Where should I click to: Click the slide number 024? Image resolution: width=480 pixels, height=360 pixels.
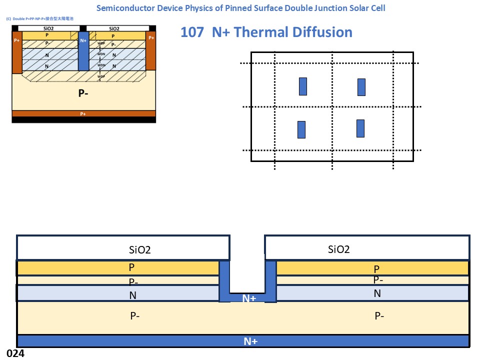point(15,353)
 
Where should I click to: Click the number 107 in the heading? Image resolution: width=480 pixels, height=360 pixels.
point(192,32)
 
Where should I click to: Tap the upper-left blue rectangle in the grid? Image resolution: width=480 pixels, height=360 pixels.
point(302,86)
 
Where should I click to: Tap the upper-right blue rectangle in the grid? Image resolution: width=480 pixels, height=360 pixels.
point(361,87)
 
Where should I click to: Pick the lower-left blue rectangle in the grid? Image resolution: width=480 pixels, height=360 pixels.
point(301,129)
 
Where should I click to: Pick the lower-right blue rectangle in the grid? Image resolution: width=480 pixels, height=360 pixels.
point(360,128)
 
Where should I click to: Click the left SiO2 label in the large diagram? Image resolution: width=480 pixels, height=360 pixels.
point(140,250)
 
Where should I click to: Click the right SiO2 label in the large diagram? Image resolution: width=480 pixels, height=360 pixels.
point(338,249)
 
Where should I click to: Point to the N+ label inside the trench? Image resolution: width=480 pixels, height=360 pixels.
point(249,298)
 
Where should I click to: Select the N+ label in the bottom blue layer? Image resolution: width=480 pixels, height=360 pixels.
point(250,341)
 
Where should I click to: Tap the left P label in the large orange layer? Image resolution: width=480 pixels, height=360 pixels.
point(131,267)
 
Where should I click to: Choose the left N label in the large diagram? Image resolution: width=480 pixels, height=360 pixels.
point(132,295)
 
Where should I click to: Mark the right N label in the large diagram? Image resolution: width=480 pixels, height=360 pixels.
point(377,293)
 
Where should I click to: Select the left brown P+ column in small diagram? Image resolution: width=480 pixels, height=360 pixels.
point(17,52)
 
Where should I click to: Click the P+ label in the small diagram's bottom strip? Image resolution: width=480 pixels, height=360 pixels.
point(83,114)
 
